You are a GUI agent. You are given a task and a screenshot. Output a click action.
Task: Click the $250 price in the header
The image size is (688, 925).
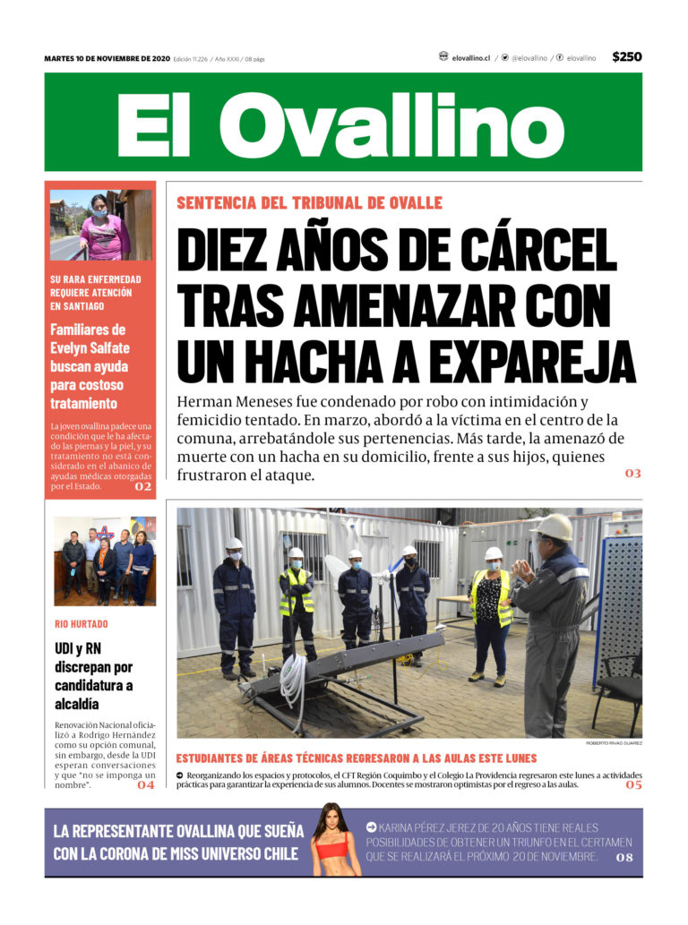coord(626,57)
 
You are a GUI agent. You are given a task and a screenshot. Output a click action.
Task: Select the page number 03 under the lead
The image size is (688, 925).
coord(632,473)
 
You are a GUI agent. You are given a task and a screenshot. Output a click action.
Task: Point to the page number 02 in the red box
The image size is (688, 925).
coord(142,487)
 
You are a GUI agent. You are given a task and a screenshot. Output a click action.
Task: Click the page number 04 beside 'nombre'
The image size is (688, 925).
coord(145,785)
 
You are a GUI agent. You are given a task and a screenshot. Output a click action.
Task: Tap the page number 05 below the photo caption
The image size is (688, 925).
coord(632,784)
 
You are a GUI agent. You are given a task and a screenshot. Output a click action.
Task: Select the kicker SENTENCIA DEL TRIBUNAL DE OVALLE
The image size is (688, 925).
coord(309,203)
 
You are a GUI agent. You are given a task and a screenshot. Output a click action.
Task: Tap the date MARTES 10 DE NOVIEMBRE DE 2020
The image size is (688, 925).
coord(107,59)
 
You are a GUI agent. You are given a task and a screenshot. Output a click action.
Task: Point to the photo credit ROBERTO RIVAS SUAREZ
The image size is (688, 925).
coord(614,743)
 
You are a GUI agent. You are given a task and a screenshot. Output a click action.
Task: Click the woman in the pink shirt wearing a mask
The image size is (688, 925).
coord(102,231)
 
